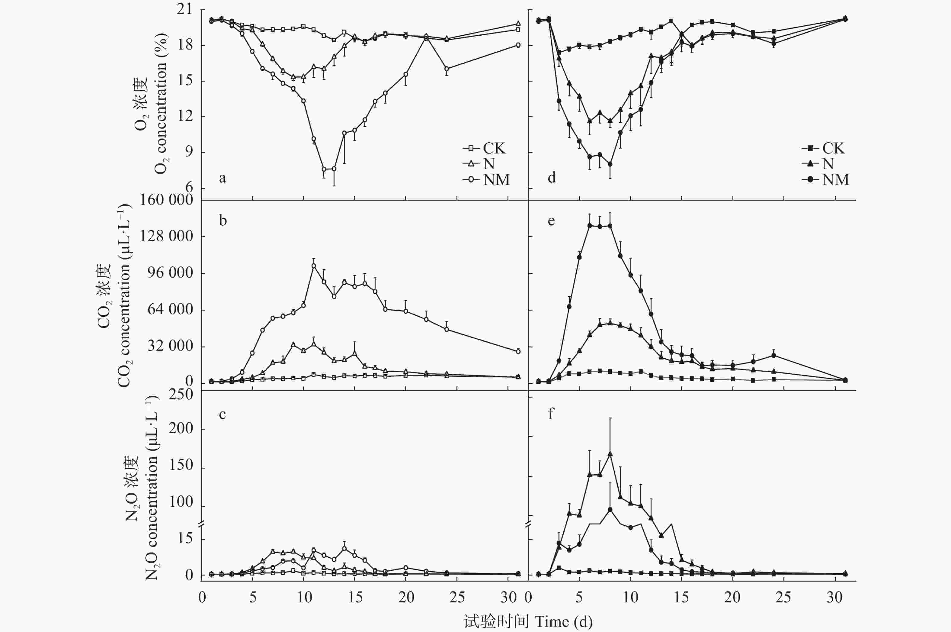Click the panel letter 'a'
(x=222, y=178)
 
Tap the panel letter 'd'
(x=551, y=177)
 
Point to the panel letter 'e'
(x=551, y=221)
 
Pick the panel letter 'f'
(x=551, y=414)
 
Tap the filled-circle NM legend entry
(x=825, y=179)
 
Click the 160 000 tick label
(x=166, y=200)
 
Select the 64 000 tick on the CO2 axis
(x=170, y=310)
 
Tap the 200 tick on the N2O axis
(x=181, y=428)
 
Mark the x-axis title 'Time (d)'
(x=564, y=621)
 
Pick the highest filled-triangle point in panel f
(x=610, y=454)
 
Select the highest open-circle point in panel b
(x=313, y=266)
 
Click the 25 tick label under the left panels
(x=457, y=597)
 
